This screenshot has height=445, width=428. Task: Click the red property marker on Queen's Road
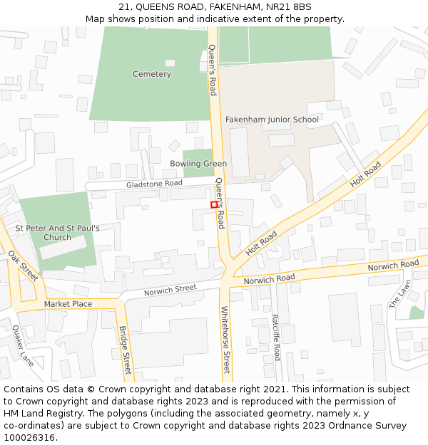click(214, 205)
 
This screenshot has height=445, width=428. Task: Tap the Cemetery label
click(152, 74)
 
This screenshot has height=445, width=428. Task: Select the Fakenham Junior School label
click(272, 120)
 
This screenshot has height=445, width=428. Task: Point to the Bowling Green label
click(198, 164)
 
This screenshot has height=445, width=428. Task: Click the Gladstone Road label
click(154, 184)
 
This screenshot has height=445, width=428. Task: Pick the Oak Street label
click(24, 265)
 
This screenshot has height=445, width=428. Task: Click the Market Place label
click(68, 304)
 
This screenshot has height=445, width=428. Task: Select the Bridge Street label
click(126, 350)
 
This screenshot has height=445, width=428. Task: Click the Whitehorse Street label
click(225, 340)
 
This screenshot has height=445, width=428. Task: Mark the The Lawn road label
click(400, 293)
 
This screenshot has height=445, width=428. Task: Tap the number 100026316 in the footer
click(29, 438)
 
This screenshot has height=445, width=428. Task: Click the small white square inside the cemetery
click(170, 63)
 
